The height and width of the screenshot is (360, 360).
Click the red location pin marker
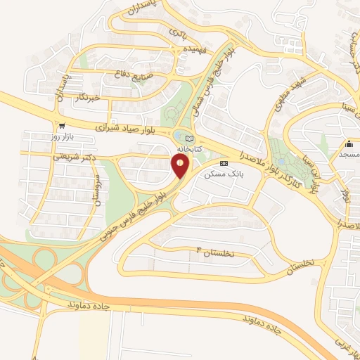181,166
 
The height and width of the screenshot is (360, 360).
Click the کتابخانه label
188,150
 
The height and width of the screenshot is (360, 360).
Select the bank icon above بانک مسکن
224,162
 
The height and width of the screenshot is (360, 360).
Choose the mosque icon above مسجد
349,141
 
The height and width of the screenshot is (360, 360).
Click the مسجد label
349,153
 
